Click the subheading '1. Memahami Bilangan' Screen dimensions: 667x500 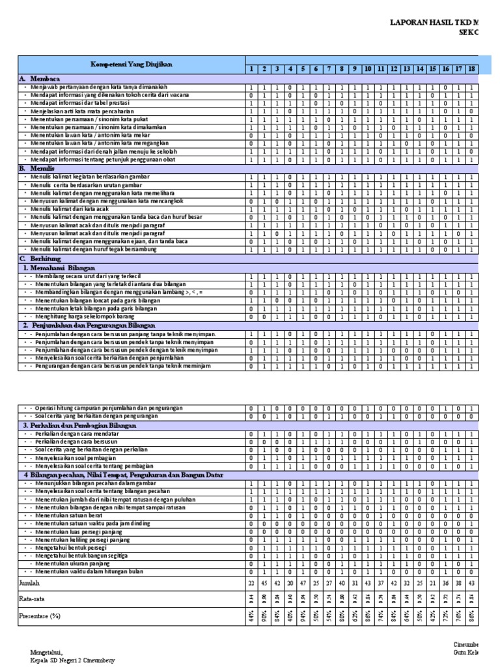point(59,267)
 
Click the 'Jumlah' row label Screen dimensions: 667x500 point(30,582)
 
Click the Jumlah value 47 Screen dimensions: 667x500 point(303,582)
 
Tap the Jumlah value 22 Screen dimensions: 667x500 point(251,582)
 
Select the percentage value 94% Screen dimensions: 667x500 point(303,614)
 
